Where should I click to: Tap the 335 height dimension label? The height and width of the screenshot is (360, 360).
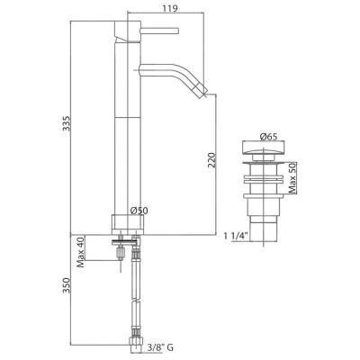pos(66,123)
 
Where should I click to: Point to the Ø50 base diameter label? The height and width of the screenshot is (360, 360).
pos(139,211)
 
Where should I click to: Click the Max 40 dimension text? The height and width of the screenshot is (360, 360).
pos(80,253)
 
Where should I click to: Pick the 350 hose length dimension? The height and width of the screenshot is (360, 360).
pos(66,285)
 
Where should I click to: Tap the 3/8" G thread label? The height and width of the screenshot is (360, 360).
pos(160,348)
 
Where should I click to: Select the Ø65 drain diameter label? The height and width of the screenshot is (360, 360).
pos(268,137)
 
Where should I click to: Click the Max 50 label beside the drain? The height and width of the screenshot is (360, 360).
pos(292,178)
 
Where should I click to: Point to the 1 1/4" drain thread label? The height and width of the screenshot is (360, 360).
pos(236,236)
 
